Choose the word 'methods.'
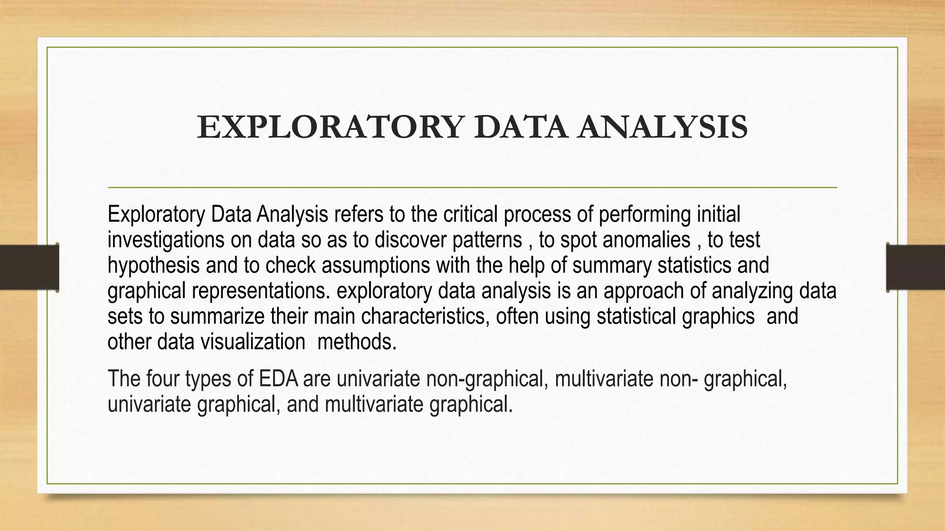[357, 342]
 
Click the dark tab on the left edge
[29, 267]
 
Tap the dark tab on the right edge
[915, 267]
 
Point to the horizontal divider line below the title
[472, 188]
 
